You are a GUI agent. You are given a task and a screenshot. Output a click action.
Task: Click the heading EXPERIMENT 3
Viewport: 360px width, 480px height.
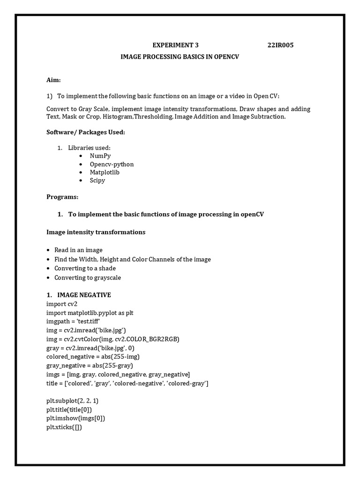(x=175, y=45)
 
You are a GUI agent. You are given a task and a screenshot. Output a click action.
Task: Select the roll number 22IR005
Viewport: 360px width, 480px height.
(x=280, y=45)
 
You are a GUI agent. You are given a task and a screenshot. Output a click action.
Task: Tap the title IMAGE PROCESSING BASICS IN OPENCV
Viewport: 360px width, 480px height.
(x=176, y=57)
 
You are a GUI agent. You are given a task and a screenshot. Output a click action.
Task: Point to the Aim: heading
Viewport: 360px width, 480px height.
(x=53, y=80)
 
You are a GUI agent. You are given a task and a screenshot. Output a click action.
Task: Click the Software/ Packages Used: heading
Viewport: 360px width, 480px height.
(x=86, y=132)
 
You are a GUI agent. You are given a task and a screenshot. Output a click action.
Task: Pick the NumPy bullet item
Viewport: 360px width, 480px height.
(x=100, y=156)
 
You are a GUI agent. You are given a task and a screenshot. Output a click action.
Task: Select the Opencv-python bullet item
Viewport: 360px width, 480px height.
(x=112, y=165)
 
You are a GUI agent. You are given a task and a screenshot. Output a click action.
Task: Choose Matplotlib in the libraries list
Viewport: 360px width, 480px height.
(x=105, y=172)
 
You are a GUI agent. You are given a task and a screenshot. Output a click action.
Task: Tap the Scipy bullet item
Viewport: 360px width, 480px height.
(x=97, y=180)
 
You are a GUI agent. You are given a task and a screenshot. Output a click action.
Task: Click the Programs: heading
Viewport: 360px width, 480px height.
(x=62, y=197)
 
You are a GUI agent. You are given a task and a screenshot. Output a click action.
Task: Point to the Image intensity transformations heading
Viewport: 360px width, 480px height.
(x=96, y=232)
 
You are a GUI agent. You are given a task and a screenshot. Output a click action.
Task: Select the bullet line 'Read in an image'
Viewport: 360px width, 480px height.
(x=78, y=250)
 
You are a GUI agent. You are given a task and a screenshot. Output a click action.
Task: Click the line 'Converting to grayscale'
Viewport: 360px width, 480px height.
(x=88, y=277)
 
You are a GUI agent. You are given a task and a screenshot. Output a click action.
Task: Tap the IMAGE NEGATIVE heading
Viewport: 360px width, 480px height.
(x=84, y=295)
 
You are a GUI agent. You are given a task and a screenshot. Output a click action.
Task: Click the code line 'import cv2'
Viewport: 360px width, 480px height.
(x=62, y=304)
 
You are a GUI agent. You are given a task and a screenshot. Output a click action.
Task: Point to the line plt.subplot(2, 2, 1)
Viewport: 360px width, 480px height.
(x=72, y=401)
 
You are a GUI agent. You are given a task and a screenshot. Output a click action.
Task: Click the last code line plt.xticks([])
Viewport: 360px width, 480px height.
(x=64, y=427)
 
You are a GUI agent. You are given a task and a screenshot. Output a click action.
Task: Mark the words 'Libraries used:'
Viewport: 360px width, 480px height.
(x=89, y=148)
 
